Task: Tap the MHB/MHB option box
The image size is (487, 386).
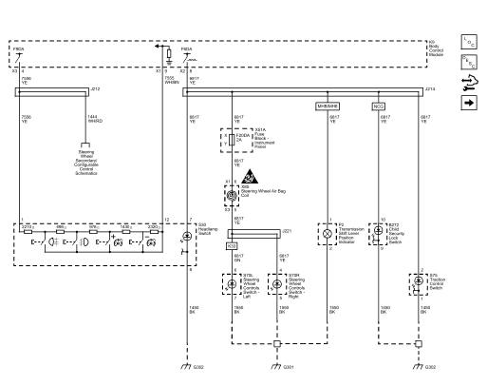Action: pyautogui.click(x=328, y=106)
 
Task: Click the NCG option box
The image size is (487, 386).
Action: pyautogui.click(x=378, y=106)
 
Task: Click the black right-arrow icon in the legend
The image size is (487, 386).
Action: pyautogui.click(x=469, y=102)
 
